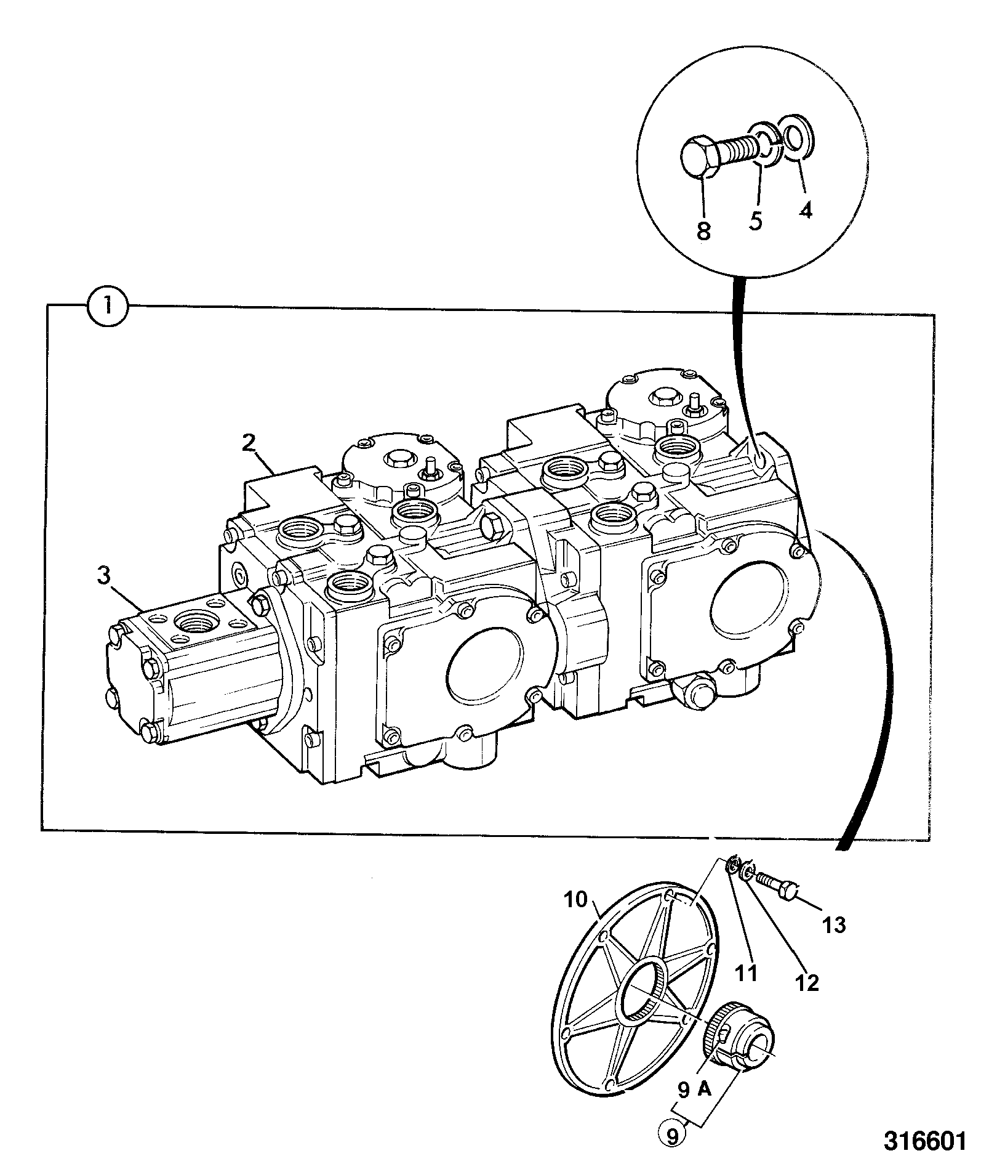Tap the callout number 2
(x=248, y=443)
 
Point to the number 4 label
(x=806, y=210)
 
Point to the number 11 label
(x=747, y=972)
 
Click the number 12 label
(x=807, y=983)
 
